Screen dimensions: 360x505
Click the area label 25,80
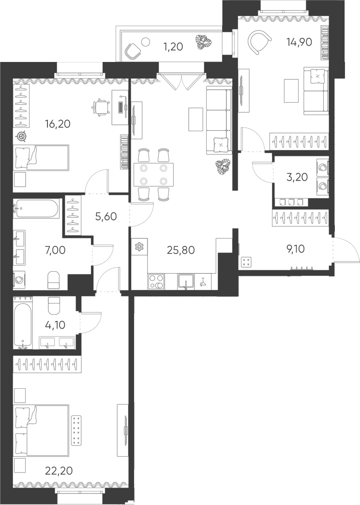coord(180,250)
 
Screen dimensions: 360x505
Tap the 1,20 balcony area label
coord(173,47)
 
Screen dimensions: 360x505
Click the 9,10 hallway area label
coord(296,249)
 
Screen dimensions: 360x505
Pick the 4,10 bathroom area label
coord(55,325)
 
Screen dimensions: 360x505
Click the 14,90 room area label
coord(299,42)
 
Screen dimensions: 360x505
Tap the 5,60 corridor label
coord(105,217)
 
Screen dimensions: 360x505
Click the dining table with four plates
coord(153,174)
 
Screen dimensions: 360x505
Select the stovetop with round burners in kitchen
coord(156,280)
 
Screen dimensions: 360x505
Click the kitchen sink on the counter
coord(186,280)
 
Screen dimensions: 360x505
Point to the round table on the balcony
coord(146,42)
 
